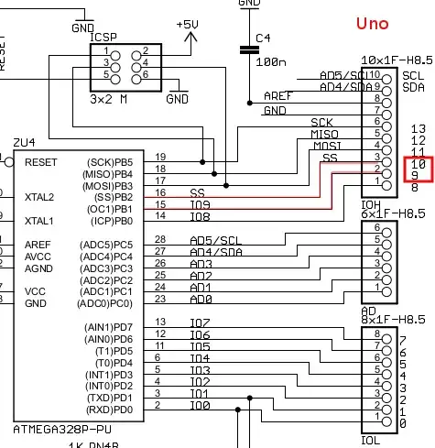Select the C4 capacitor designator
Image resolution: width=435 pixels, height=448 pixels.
(x=263, y=38)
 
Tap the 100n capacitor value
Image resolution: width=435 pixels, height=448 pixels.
(x=269, y=63)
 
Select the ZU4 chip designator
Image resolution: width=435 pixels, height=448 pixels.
(x=24, y=143)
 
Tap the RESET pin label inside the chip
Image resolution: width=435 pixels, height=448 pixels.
(x=41, y=161)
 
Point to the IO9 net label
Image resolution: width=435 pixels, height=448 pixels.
(x=201, y=205)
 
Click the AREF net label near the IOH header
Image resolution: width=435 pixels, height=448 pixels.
(x=278, y=95)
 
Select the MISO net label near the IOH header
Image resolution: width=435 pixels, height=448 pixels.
(x=324, y=135)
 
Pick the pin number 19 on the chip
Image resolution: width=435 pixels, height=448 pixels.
(x=160, y=157)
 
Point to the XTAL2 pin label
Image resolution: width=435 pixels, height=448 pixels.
(x=39, y=197)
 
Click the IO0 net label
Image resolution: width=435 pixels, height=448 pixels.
(x=200, y=405)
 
